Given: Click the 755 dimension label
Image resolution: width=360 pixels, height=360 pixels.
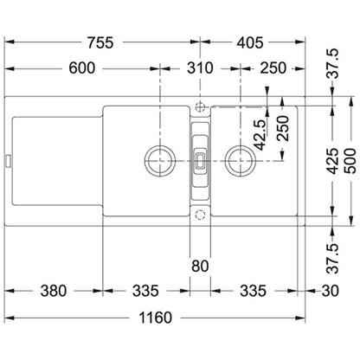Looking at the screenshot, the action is click(x=100, y=42).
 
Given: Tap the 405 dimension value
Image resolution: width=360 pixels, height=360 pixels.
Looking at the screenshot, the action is click(x=250, y=42).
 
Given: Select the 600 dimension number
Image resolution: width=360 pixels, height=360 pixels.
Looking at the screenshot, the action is click(x=81, y=68).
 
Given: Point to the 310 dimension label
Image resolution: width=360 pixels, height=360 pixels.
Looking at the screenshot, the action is click(x=200, y=68).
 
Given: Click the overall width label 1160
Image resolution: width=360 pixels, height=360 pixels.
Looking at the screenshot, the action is click(x=155, y=318).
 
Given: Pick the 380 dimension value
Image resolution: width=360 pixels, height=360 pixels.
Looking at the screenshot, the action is click(x=54, y=291).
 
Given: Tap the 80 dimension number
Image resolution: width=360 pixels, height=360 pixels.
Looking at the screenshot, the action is click(x=200, y=266).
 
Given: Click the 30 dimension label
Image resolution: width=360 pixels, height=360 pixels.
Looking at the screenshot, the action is click(x=330, y=291).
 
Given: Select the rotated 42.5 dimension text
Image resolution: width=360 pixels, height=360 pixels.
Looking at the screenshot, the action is click(x=260, y=135).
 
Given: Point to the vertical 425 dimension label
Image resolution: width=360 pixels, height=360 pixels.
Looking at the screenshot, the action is click(x=333, y=161).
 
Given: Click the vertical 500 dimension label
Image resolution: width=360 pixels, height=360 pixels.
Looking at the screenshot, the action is click(x=350, y=161).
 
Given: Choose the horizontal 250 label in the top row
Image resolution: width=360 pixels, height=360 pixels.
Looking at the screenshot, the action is click(x=273, y=68).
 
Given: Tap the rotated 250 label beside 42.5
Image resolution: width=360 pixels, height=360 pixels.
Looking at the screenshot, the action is click(x=283, y=128).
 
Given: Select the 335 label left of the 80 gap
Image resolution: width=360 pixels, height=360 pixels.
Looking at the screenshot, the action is click(x=145, y=291).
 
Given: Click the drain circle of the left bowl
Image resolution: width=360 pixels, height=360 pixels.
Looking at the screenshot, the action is click(x=160, y=160).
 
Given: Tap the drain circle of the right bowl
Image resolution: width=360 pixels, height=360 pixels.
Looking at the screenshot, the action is click(x=241, y=160).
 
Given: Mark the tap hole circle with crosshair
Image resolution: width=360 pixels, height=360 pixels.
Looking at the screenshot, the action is click(x=200, y=107).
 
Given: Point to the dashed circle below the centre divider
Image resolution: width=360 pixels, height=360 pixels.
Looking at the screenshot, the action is click(x=200, y=215).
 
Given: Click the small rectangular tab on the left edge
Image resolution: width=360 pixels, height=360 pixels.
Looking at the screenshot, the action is click(x=8, y=161).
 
